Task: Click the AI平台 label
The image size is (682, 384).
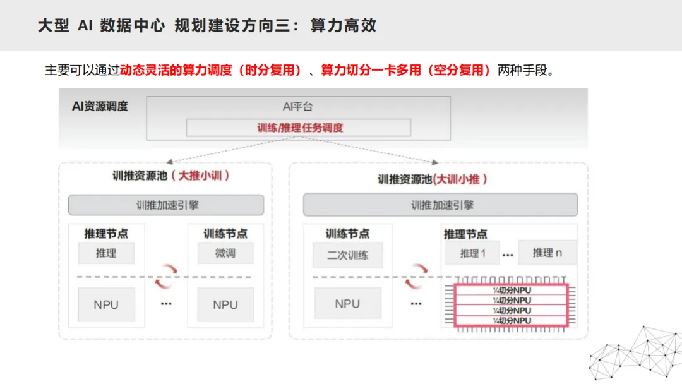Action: click(x=297, y=107)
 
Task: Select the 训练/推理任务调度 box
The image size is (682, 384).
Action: click(x=298, y=128)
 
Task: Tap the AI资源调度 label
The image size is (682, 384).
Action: click(x=100, y=106)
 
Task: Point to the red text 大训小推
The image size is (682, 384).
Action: click(x=460, y=179)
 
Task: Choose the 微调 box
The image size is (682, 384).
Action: click(x=225, y=253)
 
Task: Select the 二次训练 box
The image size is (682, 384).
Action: click(x=347, y=255)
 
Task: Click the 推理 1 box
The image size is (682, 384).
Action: click(x=472, y=253)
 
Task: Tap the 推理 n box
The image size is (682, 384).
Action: click(x=547, y=253)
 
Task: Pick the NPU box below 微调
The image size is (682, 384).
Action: click(x=225, y=304)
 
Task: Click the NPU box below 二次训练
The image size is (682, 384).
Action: click(x=347, y=304)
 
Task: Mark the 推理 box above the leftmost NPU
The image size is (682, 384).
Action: click(x=106, y=253)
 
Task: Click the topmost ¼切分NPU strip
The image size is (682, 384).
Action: click(x=512, y=290)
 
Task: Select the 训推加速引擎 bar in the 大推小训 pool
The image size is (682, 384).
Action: click(x=166, y=205)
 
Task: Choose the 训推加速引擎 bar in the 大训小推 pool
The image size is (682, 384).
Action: click(x=440, y=205)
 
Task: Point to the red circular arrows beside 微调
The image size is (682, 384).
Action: click(x=167, y=277)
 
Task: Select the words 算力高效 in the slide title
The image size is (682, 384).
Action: click(x=344, y=26)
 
